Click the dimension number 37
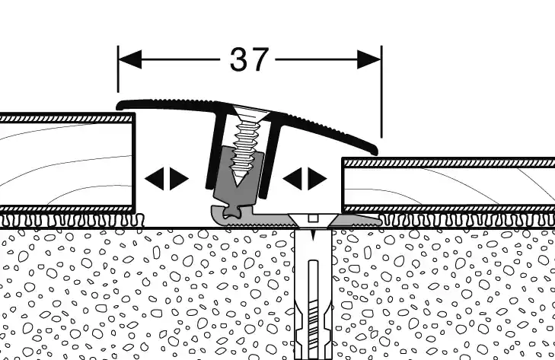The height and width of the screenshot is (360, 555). coord(249,59)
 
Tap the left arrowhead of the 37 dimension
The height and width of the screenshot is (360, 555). coord(129,59)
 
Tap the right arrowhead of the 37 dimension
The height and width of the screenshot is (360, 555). coord(369,59)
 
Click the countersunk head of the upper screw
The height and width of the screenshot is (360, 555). coord(250,113)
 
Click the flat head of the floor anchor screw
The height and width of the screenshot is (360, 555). coord(313,218)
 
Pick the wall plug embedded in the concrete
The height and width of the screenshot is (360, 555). coord(313,294)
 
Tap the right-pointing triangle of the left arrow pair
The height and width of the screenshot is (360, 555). coord(179,179)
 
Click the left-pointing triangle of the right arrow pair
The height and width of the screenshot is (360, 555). coord(292,179)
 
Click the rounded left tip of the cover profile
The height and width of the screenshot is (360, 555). coord(120,105)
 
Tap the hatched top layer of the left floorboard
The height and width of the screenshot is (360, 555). coord(66,119)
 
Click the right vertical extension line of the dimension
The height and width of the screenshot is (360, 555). coord(381,91)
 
